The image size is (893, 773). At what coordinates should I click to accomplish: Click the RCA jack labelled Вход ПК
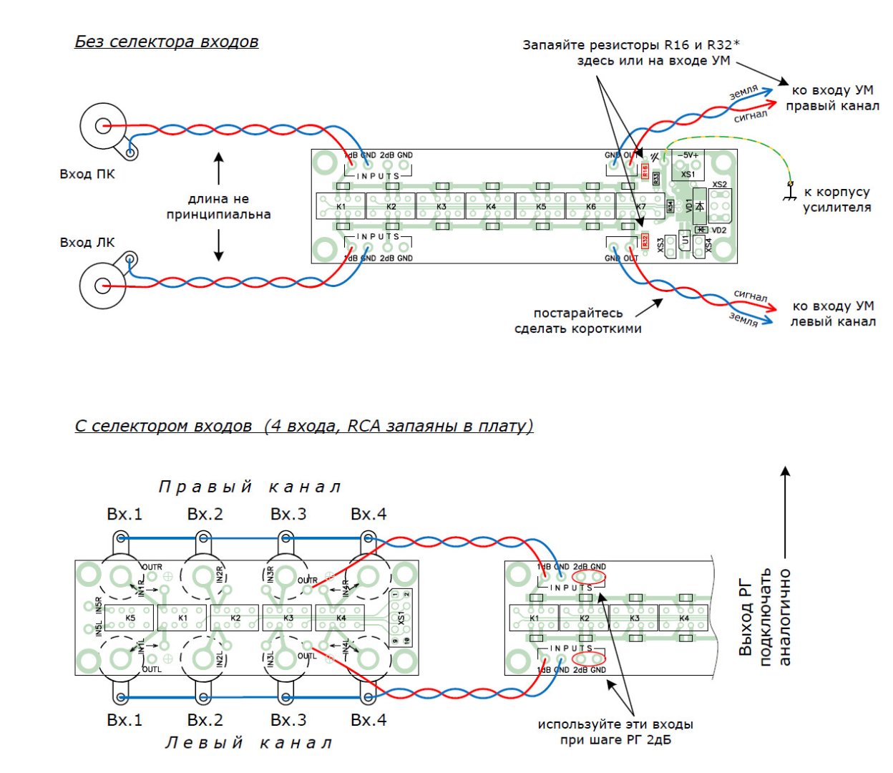(x=103, y=127)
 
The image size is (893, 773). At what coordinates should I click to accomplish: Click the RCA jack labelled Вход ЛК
(x=103, y=286)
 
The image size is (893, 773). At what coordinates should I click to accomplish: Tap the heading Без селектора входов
(x=166, y=42)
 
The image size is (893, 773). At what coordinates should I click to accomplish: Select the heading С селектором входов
(x=163, y=427)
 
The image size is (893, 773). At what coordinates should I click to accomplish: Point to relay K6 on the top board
(x=590, y=206)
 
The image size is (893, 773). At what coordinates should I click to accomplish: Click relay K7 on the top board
(x=640, y=206)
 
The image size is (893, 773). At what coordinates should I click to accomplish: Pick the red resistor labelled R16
(x=645, y=171)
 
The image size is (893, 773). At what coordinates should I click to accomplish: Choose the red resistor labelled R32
(x=645, y=241)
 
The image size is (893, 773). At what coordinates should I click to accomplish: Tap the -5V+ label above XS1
(x=688, y=155)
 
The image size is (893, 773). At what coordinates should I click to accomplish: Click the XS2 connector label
(x=719, y=185)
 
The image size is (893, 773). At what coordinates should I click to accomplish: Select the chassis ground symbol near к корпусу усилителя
(x=790, y=192)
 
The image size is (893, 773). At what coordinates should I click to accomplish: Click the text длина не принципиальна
(x=218, y=206)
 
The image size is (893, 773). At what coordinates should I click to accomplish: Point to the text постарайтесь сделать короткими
(x=577, y=321)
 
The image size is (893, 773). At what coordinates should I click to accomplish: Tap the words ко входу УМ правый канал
(x=832, y=98)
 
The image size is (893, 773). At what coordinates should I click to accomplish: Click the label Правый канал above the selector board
(x=249, y=487)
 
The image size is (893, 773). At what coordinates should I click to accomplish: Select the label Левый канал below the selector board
(x=249, y=744)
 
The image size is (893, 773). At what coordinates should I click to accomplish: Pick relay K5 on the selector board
(x=130, y=618)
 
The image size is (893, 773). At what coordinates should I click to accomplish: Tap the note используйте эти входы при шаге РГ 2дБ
(x=615, y=731)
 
